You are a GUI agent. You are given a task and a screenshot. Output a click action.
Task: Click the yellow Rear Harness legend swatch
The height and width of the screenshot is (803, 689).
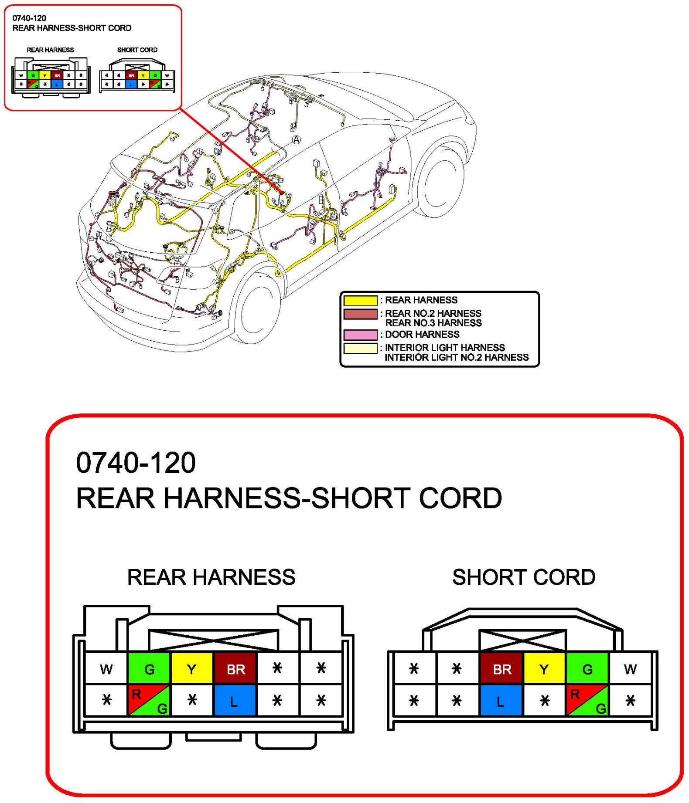point(360,301)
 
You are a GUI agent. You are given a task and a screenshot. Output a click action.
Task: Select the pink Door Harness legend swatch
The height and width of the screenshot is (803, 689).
point(360,335)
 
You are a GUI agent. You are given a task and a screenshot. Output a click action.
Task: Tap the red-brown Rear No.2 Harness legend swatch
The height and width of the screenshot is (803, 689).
point(360,314)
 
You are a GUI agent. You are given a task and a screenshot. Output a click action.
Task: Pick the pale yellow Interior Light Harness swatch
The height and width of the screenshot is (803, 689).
point(360,348)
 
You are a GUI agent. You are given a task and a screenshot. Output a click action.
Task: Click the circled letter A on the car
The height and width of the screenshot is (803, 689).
point(297,140)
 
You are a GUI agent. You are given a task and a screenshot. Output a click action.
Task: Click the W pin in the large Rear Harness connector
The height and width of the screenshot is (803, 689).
point(106,669)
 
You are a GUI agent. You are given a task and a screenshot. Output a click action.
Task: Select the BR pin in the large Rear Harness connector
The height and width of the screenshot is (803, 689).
point(235,669)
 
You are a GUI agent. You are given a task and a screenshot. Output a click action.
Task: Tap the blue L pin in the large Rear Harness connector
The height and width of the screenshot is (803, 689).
point(234,701)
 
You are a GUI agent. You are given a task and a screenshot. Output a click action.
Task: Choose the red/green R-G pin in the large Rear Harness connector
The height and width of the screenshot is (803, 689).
point(149,701)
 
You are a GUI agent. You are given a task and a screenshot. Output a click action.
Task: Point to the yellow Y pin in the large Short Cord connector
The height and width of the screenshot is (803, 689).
point(544,669)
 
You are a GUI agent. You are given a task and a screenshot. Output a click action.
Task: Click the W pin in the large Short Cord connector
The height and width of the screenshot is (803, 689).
point(630,669)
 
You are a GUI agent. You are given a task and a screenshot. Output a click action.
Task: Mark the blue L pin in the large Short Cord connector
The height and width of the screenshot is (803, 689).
point(501,701)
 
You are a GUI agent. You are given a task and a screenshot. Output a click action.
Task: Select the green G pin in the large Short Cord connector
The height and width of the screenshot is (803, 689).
point(587,669)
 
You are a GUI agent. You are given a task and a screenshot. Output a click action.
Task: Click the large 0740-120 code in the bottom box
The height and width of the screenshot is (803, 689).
point(136,463)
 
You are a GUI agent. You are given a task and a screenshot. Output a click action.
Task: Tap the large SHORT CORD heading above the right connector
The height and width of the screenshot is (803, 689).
point(524,577)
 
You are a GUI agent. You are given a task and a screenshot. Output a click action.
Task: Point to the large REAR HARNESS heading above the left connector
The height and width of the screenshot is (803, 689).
point(211,577)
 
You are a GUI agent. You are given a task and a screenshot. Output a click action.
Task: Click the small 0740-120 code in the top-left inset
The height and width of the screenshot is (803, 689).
point(29,18)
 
